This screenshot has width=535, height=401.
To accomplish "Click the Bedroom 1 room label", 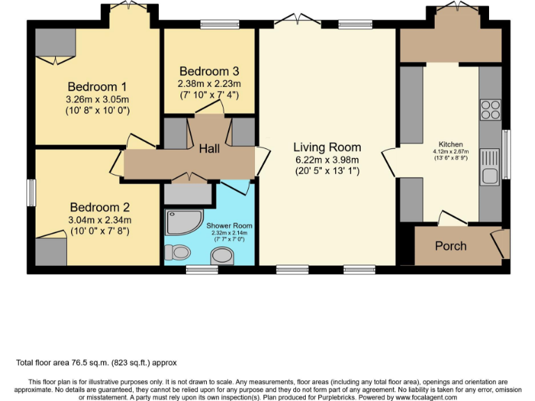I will click(x=98, y=87).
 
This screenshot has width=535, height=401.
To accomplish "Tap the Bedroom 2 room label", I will click(x=100, y=207).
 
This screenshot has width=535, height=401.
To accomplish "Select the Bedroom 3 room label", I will click(x=209, y=71).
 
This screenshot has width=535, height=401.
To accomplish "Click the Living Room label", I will click(x=327, y=147).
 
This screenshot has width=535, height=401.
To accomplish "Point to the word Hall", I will click(x=209, y=149).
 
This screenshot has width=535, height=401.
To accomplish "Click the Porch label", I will click(x=451, y=246).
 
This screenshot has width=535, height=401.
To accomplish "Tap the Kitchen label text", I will click(x=451, y=144).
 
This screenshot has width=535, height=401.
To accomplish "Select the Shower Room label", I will click(x=229, y=226).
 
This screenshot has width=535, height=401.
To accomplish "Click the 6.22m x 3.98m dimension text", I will click(x=327, y=159).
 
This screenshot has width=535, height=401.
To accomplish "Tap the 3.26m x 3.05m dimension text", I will click(x=98, y=99).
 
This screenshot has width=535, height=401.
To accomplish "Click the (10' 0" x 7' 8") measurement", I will click(x=100, y=231).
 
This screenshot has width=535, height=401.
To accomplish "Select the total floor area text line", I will click(x=97, y=363).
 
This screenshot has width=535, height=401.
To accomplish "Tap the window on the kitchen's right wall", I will click(x=506, y=149).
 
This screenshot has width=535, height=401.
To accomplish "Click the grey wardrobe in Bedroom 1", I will click(x=50, y=43).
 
